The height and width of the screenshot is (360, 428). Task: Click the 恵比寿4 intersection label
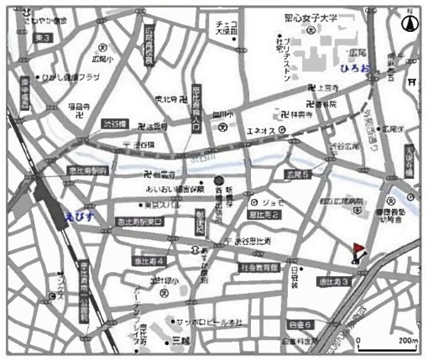[x=151, y=261]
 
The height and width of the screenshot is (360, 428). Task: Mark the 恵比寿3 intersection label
[x=333, y=281]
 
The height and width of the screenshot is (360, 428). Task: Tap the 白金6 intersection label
[x=300, y=323]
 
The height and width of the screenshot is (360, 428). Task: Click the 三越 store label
[x=180, y=341]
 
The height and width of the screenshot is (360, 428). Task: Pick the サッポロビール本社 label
[x=211, y=322]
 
